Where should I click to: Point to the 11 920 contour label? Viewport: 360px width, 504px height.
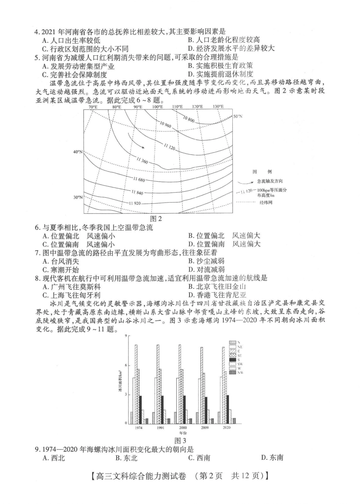[135, 203]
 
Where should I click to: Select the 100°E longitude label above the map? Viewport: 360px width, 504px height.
[157, 107]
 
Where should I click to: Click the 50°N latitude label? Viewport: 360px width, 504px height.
[238, 116]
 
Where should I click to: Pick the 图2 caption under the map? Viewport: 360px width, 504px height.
[156, 218]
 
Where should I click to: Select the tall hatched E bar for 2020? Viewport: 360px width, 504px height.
[223, 385]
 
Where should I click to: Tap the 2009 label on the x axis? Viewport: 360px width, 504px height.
[205, 428]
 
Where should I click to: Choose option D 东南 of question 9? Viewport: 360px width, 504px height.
[272, 458]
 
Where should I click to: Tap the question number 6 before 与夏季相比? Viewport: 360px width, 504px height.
[37, 228]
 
